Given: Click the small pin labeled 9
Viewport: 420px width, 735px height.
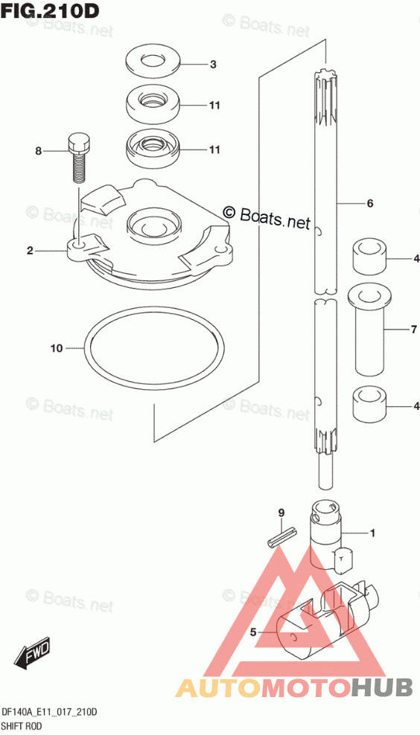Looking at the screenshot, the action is [281, 536].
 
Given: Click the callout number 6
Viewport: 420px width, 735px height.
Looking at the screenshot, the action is [369, 203].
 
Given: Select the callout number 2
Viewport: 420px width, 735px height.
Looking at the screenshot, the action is [30, 251].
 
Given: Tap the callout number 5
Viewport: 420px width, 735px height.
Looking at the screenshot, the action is [253, 632].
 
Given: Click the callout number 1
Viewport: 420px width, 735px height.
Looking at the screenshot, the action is [372, 533].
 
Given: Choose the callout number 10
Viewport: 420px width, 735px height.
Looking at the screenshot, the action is [57, 348].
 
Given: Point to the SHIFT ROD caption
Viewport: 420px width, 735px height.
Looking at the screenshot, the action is [22, 727].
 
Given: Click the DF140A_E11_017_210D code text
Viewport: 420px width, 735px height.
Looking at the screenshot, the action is [50, 713].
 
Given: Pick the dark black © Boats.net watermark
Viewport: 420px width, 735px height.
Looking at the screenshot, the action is [267, 216].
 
